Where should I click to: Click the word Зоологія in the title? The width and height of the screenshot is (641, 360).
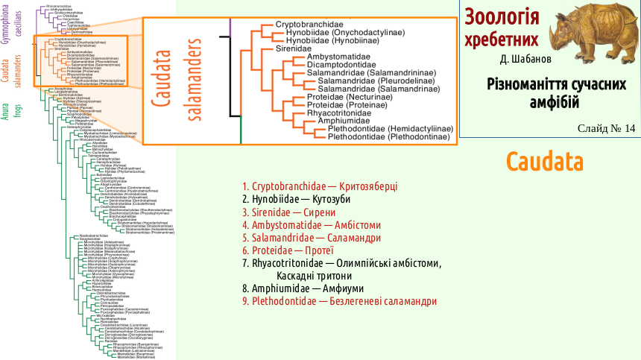tap(498, 17)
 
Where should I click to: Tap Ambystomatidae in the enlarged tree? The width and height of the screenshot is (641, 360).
tap(341, 57)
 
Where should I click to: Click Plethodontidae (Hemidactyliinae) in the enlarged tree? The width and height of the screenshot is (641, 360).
tap(390, 129)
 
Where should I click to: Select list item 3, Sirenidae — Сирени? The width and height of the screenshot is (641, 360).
tap(291, 212)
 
